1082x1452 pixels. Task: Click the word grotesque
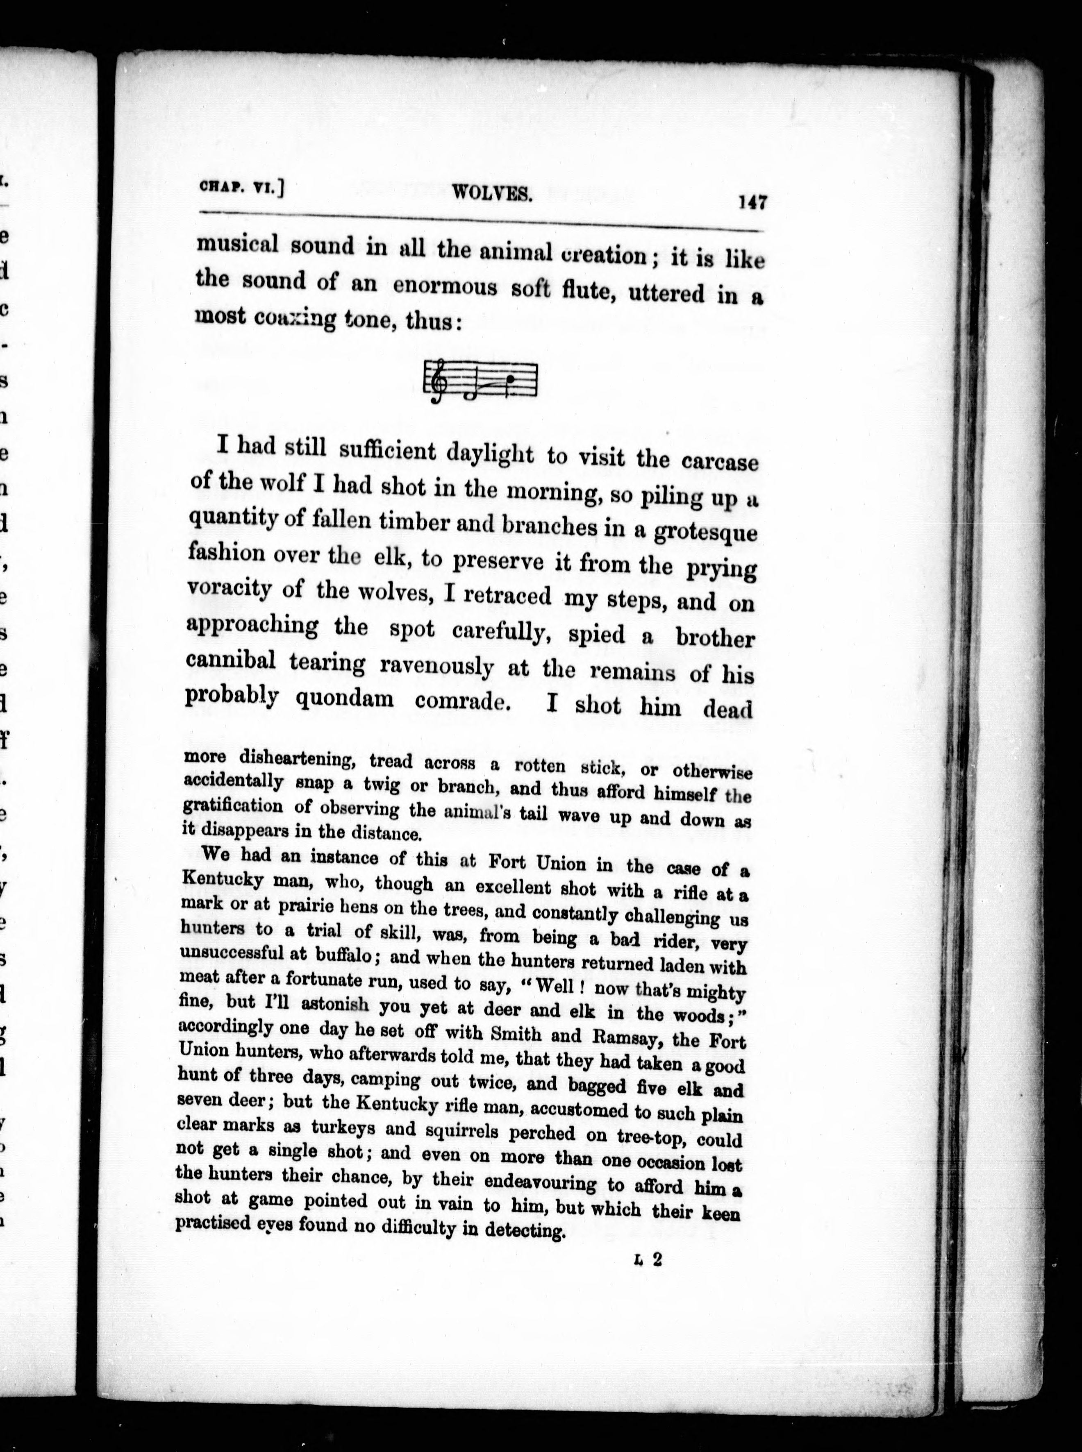coord(705,532)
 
